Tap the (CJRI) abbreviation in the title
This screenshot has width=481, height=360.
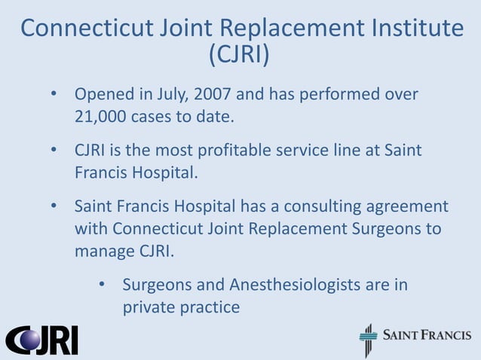[x=240, y=56]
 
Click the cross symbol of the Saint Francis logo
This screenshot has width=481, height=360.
[x=368, y=340]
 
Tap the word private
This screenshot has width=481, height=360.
[x=151, y=307]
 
